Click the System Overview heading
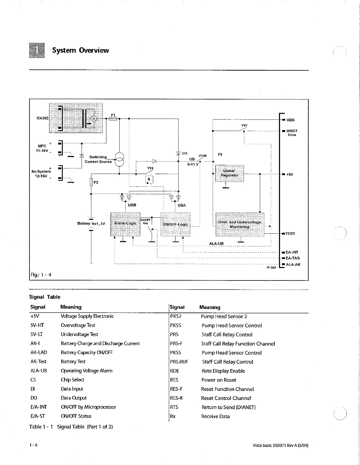[x=80, y=50]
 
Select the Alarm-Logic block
[x=125, y=224]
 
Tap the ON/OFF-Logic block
[x=175, y=224]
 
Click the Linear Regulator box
[x=229, y=173]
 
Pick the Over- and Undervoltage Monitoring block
[x=240, y=224]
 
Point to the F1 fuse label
[x=113, y=115]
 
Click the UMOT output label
[x=292, y=131]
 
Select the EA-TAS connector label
[x=293, y=258]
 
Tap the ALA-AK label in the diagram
[x=293, y=265]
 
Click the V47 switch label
[x=245, y=125]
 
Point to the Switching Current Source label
[x=98, y=159]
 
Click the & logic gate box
[x=149, y=179]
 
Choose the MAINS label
[x=42, y=118]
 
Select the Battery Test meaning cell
[x=73, y=361]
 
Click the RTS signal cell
[x=174, y=407]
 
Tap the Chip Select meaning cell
[x=72, y=380]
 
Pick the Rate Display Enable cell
[x=223, y=371]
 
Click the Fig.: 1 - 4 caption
[x=41, y=275]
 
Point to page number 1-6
[x=33, y=445]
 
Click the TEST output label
[x=290, y=234]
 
